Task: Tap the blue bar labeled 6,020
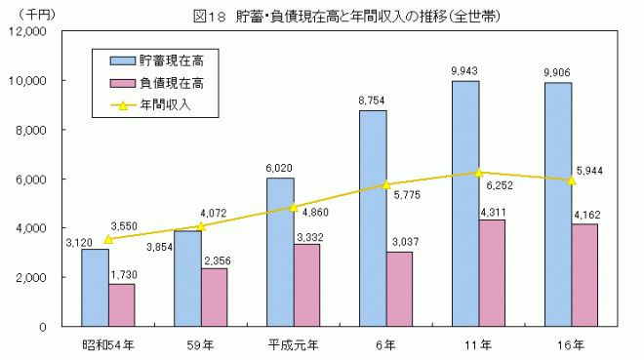280,252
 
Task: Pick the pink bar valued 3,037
399,289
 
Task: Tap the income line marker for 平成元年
294,207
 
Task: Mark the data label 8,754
373,100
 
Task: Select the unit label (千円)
27,13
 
